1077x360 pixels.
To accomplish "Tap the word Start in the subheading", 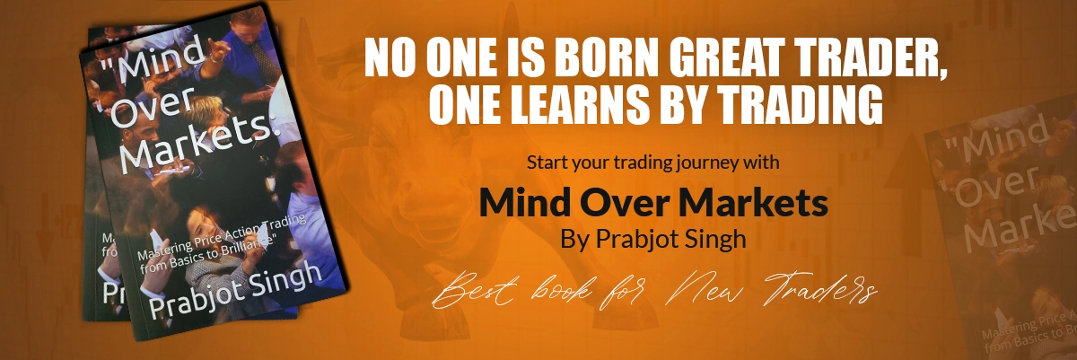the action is tap(547, 162).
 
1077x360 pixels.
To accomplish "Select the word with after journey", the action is tap(761, 162).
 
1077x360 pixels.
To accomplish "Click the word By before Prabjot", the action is tap(575, 240).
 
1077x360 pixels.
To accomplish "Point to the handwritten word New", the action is tap(705, 288).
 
